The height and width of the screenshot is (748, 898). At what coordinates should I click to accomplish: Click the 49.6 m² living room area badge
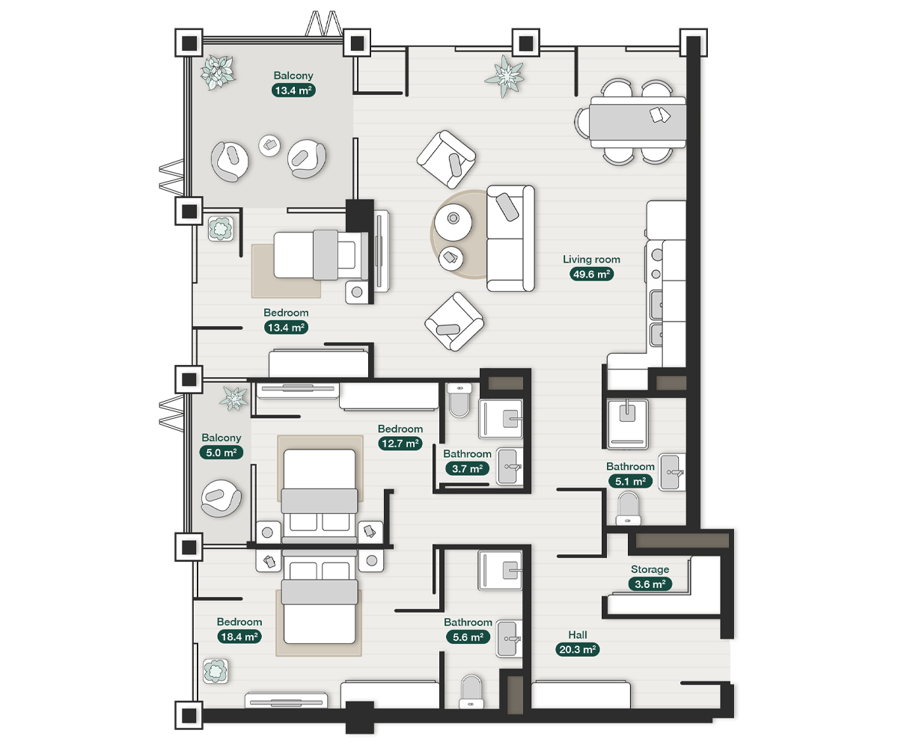coord(591,274)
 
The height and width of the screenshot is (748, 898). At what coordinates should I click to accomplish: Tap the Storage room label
coord(650,570)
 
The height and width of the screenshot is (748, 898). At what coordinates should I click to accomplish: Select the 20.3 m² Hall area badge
coord(577,649)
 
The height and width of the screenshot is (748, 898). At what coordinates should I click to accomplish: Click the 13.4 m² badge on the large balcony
coord(293,91)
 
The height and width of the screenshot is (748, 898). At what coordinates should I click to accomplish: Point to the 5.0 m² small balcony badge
coord(221,452)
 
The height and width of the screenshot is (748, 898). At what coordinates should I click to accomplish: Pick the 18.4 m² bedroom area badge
coord(239,637)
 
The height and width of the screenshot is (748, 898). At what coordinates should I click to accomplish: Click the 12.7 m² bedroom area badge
coord(400,443)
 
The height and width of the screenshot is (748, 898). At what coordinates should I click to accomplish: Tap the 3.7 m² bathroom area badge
coord(467,468)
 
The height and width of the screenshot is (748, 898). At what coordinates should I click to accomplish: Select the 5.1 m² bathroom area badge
coord(630,481)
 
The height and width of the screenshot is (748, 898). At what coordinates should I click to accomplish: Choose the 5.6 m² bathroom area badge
coord(468,637)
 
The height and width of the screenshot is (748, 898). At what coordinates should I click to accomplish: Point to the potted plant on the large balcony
coord(218,72)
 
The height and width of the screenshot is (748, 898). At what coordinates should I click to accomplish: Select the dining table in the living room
coord(638,121)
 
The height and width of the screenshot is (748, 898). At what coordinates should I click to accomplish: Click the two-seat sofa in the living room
coord(510,238)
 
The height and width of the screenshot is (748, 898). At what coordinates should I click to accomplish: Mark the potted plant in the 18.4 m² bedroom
coord(216,670)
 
